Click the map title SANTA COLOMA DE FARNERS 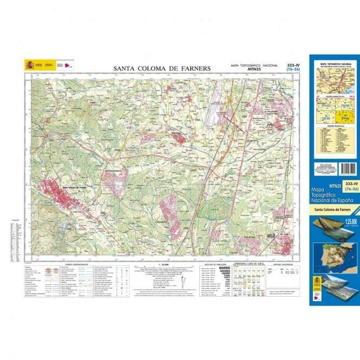(162, 68)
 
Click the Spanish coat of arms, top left (29, 66)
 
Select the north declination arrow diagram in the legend (182, 282)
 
